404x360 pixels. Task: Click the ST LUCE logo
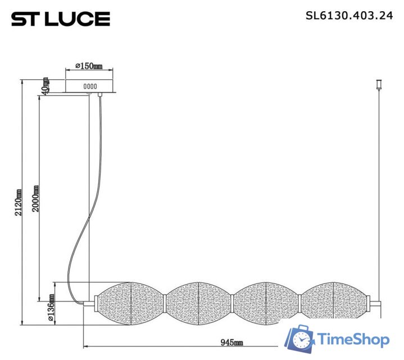(x=60, y=19)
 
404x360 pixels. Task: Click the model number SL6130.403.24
(x=349, y=16)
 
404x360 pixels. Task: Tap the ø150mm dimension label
(x=89, y=67)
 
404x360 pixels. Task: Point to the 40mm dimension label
(x=45, y=86)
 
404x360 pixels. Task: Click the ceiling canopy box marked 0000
(x=90, y=86)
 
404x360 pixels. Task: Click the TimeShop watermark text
(x=353, y=340)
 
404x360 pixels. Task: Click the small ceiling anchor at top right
(x=378, y=85)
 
